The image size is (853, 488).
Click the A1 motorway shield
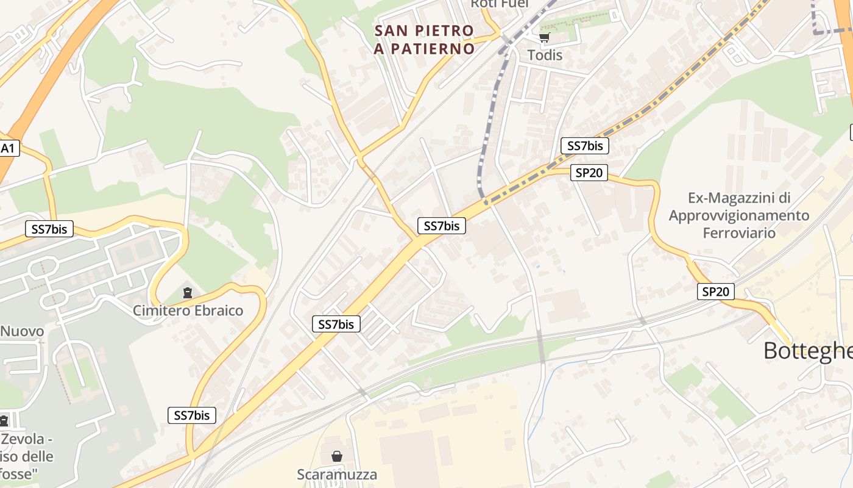[9, 148]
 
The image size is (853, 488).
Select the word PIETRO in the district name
[444, 30]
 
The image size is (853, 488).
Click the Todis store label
[545, 55]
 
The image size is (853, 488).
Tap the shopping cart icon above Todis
[544, 38]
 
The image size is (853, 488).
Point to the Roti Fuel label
[500, 4]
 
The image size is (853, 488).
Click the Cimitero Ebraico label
[188, 310]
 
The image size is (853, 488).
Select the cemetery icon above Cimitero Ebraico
[187, 293]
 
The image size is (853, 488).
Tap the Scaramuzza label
[336, 474]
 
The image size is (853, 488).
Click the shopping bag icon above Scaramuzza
[336, 456]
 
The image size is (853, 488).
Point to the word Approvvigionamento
[738, 215]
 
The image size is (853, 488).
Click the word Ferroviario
[738, 232]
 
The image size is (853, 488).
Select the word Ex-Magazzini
[738, 198]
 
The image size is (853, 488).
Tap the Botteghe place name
[807, 351]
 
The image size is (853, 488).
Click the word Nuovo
[22, 331]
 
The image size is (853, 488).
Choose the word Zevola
[23, 439]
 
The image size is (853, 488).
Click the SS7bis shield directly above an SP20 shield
[584, 146]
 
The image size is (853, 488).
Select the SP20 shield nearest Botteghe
[715, 292]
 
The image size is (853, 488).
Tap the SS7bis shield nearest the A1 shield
[49, 229]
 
